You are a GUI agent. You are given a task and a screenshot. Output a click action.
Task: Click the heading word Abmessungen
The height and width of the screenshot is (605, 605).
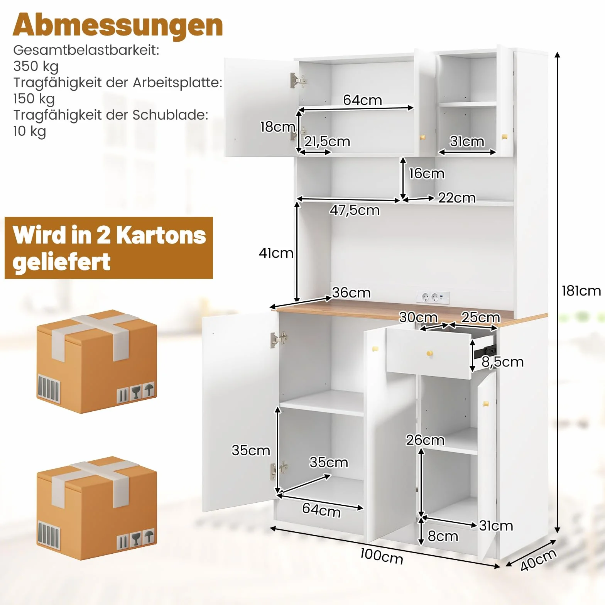coord(118,25)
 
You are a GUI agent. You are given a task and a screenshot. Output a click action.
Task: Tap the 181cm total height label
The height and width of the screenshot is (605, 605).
coord(581,291)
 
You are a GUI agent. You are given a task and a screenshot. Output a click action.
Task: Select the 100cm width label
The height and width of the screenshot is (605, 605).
coord(382,556)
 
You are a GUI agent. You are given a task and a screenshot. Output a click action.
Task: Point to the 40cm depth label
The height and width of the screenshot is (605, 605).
coord(538,559)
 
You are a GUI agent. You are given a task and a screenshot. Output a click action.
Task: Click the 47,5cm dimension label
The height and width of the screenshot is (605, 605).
coord(355,210)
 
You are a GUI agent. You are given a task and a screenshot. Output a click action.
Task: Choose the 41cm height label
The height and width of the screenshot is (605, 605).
coord(276,253)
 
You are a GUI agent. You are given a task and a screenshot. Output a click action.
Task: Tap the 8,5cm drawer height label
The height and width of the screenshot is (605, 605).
coord(502,362)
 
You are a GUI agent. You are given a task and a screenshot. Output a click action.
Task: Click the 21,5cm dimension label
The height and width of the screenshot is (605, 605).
coord(327,142)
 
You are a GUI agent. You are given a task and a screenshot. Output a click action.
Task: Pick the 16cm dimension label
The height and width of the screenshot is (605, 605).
coord(427,174)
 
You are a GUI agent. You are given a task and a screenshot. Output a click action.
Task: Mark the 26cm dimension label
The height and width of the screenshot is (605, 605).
coord(425,440)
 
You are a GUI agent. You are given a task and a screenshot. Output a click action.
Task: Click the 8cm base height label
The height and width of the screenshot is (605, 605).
coord(443,536)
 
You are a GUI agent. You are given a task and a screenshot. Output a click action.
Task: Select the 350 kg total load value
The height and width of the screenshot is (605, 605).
coord(36,66)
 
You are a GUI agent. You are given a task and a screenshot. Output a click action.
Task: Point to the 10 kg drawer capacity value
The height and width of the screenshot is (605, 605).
coord(30,131)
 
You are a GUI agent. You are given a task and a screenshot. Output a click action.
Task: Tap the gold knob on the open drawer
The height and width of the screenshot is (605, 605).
coord(429,353)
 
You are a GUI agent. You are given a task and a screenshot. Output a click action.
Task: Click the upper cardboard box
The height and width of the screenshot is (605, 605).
coord(97,362)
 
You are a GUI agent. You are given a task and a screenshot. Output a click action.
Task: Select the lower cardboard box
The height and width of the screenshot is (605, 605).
coord(97,508)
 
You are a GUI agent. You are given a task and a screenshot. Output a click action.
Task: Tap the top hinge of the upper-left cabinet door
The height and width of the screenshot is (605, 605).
coord(298,80)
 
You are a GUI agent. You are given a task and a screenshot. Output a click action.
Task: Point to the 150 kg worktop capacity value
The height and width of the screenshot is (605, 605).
coord(34,99)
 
